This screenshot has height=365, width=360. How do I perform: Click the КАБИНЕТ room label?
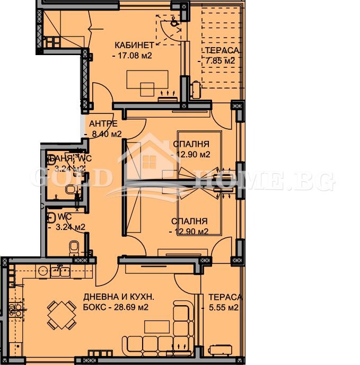point(136,45)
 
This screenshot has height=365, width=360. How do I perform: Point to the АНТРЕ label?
point(103,124)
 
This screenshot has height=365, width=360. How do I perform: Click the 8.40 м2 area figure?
point(106,134)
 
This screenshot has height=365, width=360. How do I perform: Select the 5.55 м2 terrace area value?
point(225,307)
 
